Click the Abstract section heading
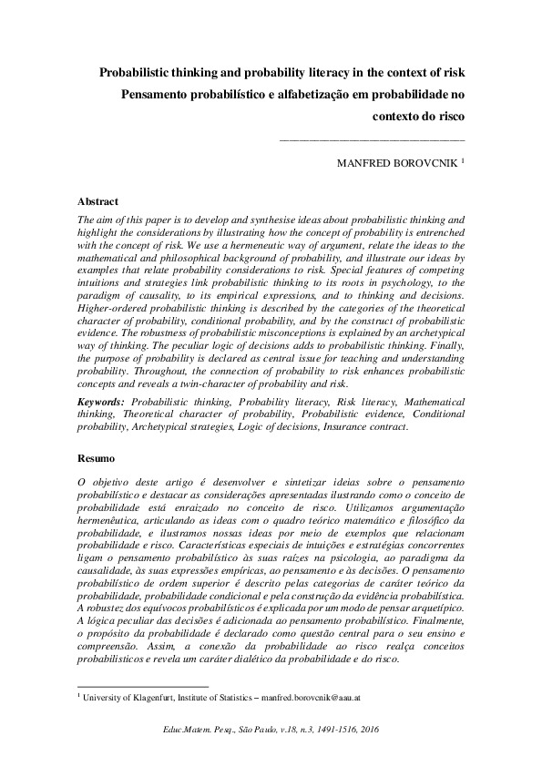pos(97,201)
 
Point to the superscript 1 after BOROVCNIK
pos(463,161)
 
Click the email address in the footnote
pos(312,697)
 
